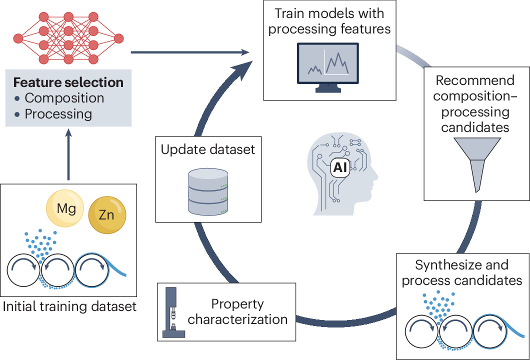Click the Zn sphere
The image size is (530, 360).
point(107,215)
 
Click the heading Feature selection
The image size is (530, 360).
point(68,82)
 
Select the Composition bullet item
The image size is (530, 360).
point(64,98)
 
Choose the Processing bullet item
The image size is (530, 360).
point(58,114)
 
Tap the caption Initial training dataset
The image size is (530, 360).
point(69,306)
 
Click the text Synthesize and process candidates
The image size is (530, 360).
point(461,272)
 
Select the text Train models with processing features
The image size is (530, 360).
point(329,21)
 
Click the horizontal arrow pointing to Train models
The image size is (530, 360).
point(190,51)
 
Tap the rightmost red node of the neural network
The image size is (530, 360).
point(118,38)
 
